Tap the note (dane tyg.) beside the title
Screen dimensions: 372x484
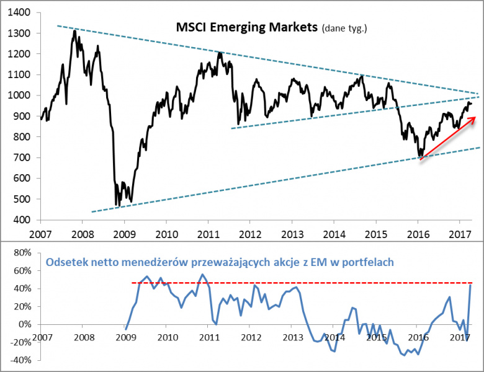click(344, 29)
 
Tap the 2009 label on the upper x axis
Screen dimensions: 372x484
click(124, 234)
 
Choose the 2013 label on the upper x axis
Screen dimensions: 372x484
click(292, 234)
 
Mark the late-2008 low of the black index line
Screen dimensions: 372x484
click(117, 205)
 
